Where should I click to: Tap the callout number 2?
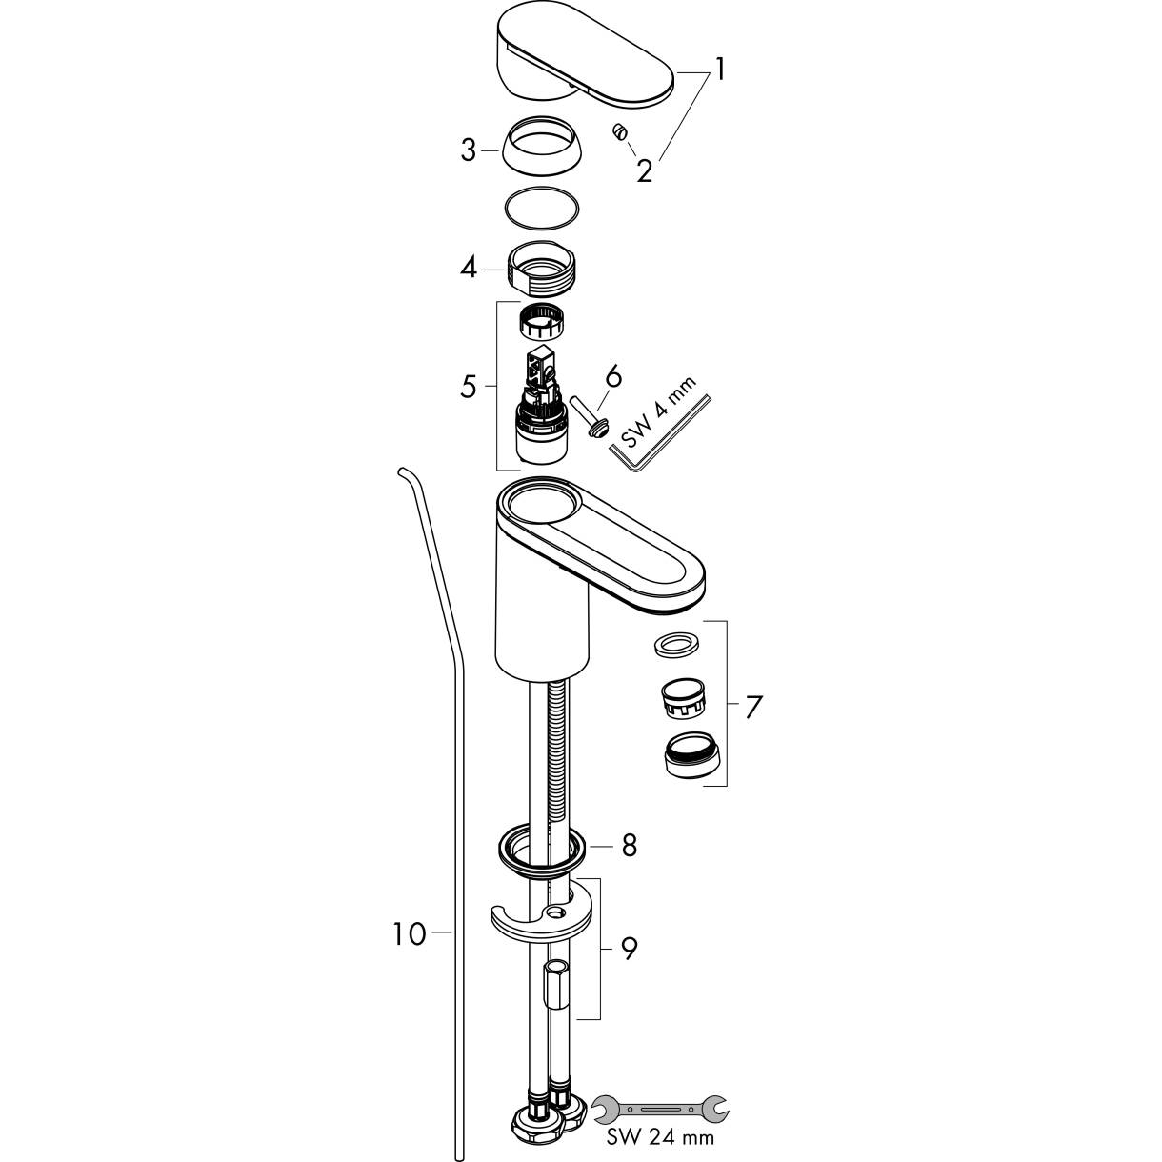click(644, 171)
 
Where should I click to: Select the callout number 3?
click(469, 150)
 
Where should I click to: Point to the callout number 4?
click(469, 267)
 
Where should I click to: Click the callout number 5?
click(469, 387)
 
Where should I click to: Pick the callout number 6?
click(612, 376)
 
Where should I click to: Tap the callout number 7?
click(754, 706)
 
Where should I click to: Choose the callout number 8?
click(629, 846)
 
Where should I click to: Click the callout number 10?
click(411, 934)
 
